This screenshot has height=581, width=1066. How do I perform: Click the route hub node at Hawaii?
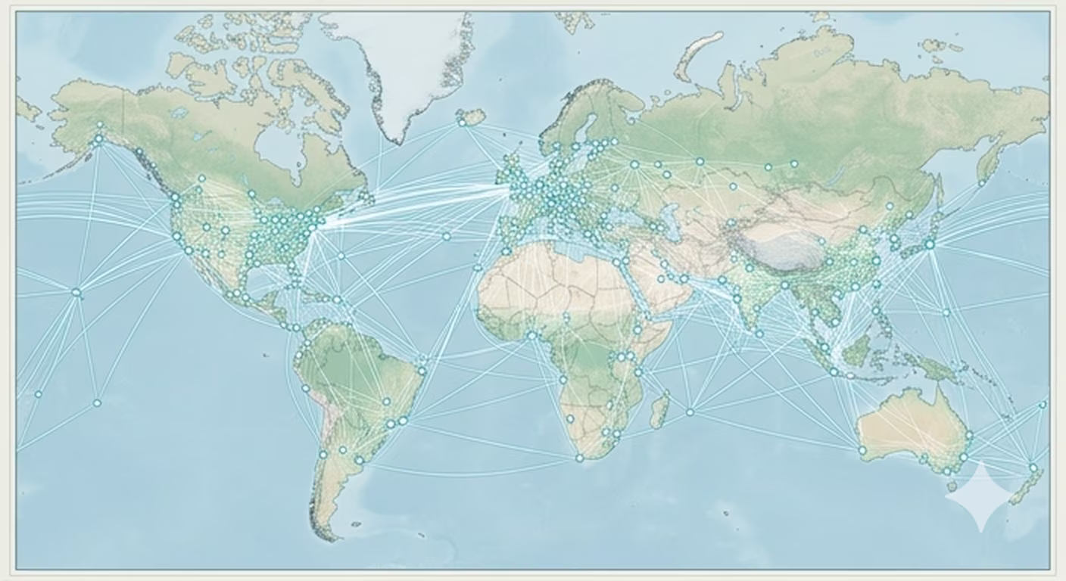76,292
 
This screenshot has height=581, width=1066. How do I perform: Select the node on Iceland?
462,122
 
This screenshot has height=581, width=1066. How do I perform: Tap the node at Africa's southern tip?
579,458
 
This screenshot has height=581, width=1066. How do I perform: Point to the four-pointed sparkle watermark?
981,497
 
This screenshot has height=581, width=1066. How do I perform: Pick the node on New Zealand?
1033,468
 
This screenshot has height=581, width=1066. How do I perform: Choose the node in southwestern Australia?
862,450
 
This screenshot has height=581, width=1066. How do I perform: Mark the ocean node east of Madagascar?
690,412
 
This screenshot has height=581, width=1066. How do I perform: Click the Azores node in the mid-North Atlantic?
447,236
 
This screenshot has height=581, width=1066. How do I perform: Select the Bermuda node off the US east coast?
341,256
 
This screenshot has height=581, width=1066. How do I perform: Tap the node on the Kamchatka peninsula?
981,182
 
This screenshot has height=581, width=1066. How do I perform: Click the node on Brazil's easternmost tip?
422,371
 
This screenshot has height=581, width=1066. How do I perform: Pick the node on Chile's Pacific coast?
323,455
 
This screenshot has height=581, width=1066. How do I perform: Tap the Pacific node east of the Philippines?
946,312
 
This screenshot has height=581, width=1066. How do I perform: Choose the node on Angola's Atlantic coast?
563,380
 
